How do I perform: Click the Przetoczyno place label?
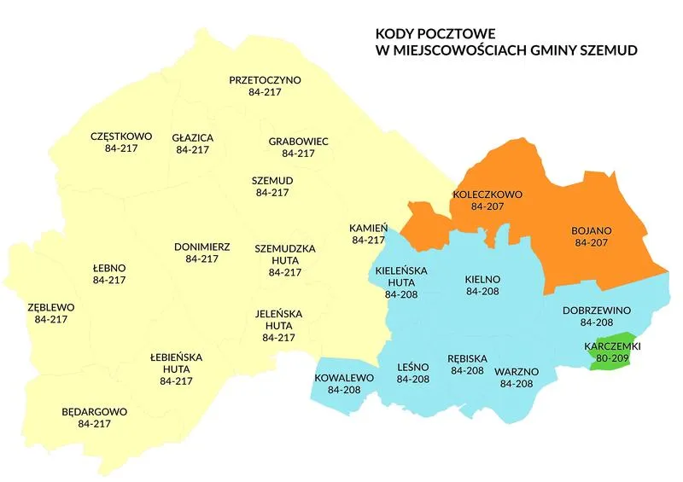pyautogui.click(x=265, y=80)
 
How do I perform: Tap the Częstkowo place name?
pyautogui.click(x=120, y=136)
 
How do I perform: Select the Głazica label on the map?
pyautogui.click(x=192, y=137)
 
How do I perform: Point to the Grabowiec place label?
pyautogui.click(x=298, y=142)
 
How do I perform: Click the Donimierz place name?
pyautogui.click(x=201, y=247)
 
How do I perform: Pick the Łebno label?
pyautogui.click(x=108, y=268)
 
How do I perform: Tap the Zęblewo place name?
pyautogui.click(x=50, y=307)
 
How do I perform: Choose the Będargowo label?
pyautogui.click(x=94, y=411)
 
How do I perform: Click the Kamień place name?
pyautogui.click(x=369, y=229)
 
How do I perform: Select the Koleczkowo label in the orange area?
pyautogui.click(x=487, y=195)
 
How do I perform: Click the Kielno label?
pyautogui.click(x=482, y=279)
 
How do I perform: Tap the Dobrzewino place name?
pyautogui.click(x=596, y=311)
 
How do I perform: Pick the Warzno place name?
pyautogui.click(x=517, y=372)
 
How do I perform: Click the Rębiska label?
pyautogui.click(x=467, y=359)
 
